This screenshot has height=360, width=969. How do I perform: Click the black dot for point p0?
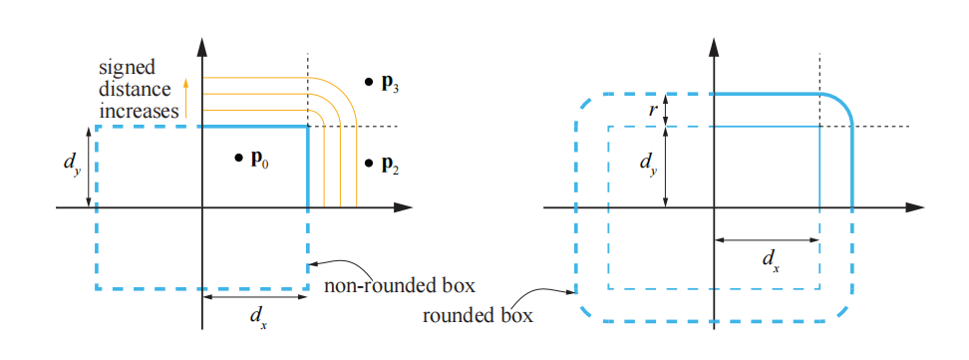(x=239, y=158)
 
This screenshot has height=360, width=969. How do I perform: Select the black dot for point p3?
(x=369, y=80)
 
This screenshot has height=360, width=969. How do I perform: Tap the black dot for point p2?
(x=369, y=162)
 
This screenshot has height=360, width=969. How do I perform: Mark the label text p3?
(x=391, y=82)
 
